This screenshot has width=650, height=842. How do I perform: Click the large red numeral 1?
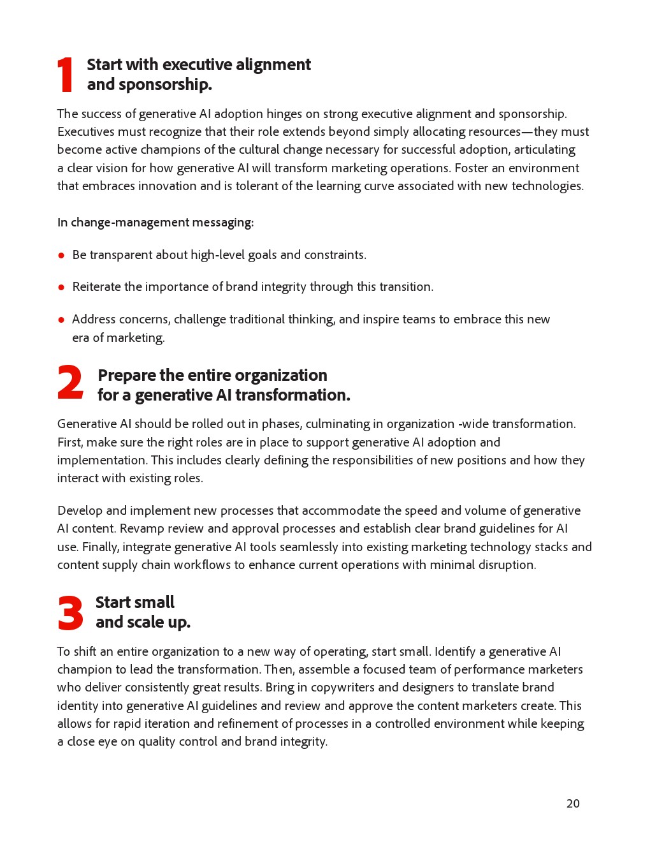pos(66,75)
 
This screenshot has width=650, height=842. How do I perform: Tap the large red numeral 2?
pos(70,383)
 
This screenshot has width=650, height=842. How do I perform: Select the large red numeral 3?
pos(70,613)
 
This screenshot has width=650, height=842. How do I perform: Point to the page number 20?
pos(573,804)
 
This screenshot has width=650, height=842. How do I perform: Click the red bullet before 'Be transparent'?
pos(61,255)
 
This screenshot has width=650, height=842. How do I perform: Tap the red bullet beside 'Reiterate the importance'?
pos(61,287)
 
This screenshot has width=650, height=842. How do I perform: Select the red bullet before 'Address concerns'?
pos(61,320)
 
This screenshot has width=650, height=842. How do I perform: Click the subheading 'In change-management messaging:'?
pos(155,223)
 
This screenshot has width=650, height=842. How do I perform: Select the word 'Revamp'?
pos(143,529)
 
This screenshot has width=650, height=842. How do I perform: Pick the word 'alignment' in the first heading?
pos(273,65)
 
